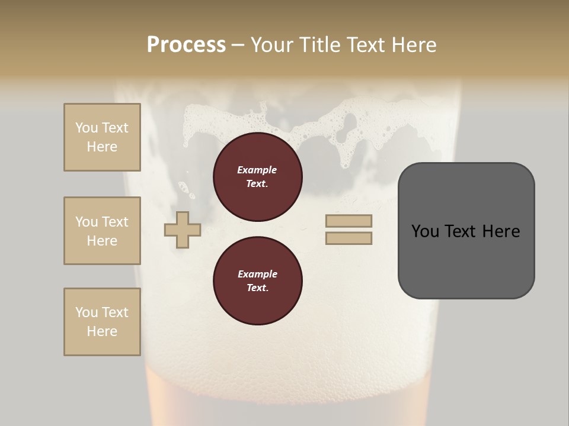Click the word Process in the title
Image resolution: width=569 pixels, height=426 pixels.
[186, 45]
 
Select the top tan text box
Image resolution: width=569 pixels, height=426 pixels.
[102, 137]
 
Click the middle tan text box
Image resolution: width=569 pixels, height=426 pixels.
[102, 231]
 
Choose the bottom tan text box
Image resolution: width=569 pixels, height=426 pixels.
[102, 322]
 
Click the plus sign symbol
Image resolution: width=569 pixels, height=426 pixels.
[183, 230]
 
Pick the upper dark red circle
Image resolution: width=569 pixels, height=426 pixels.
[257, 177]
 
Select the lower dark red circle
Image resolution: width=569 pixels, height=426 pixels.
[257, 281]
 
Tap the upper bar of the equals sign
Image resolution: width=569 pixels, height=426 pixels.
[349, 221]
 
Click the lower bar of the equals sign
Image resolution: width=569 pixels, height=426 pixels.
[349, 238]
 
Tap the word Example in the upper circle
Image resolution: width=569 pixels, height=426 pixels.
[257, 170]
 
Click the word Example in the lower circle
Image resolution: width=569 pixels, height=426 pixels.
[257, 274]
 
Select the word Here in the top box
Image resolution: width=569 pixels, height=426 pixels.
[102, 147]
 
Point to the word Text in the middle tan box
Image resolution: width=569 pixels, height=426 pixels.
[115, 222]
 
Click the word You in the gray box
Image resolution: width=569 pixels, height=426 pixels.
[426, 231]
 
